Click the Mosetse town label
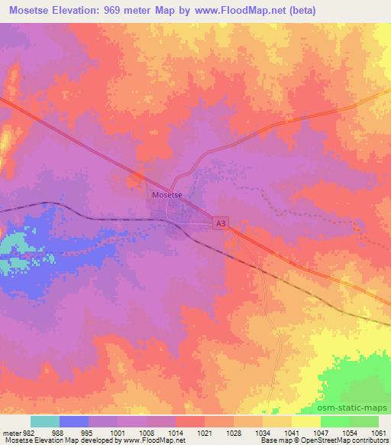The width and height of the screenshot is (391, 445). (x=166, y=194)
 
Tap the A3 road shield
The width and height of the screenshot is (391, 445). (x=220, y=222)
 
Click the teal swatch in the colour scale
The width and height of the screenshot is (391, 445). (x=45, y=421)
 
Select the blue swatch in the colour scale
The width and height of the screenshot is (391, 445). (x=74, y=421)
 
